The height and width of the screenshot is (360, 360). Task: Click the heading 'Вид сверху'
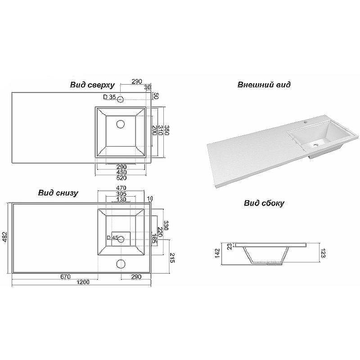click(92, 85)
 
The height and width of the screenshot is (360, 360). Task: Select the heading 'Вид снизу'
click(58, 193)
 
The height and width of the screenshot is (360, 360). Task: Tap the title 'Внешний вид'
click(264, 85)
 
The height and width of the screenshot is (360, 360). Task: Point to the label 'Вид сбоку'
click(264, 203)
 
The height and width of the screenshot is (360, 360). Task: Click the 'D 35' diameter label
click(109, 97)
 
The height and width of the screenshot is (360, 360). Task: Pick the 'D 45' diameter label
click(112, 238)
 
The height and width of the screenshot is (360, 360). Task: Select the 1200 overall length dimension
click(82, 282)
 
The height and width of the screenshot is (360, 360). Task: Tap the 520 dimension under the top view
click(121, 177)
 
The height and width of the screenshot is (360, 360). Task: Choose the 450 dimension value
click(121, 172)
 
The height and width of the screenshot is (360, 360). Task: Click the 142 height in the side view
click(217, 253)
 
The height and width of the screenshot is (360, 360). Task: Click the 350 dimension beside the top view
click(166, 131)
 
